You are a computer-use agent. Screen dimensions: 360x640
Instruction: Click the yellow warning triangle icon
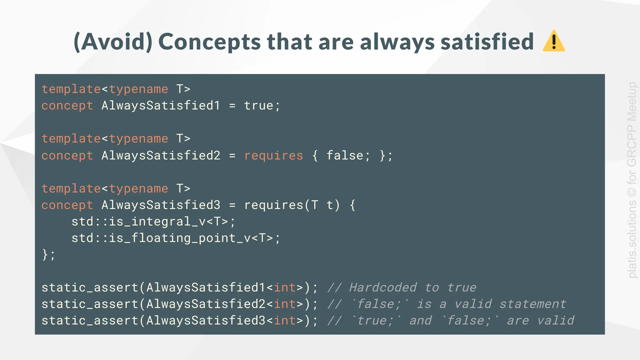pyautogui.click(x=554, y=41)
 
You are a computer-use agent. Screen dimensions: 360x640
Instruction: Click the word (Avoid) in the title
pyautogui.click(x=113, y=42)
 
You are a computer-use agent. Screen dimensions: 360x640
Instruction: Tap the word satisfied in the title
pyautogui.click(x=487, y=42)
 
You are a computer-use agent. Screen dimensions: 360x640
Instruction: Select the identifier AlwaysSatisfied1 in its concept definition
pyautogui.click(x=161, y=106)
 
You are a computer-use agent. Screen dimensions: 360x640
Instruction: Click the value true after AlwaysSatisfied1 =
pyautogui.click(x=259, y=106)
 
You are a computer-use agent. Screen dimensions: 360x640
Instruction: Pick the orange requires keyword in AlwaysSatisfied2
pyautogui.click(x=274, y=156)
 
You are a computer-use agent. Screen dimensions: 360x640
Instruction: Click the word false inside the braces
pyautogui.click(x=345, y=156)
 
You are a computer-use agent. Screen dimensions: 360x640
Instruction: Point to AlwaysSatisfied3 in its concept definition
pyautogui.click(x=161, y=205)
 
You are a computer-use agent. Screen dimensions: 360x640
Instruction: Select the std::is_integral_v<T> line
pyautogui.click(x=153, y=222)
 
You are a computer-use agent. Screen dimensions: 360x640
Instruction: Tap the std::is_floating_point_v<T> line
pyautogui.click(x=176, y=238)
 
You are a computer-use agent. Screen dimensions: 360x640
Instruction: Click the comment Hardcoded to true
pyautogui.click(x=412, y=287)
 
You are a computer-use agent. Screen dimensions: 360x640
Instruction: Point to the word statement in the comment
pyautogui.click(x=533, y=304)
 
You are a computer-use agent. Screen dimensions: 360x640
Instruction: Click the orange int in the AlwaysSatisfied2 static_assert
pyautogui.click(x=285, y=304)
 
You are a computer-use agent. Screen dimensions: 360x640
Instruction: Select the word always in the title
pyautogui.click(x=397, y=42)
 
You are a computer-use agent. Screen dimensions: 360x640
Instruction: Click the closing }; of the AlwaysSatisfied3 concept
pyautogui.click(x=48, y=255)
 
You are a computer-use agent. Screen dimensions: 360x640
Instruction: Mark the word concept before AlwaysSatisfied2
pyautogui.click(x=67, y=156)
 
